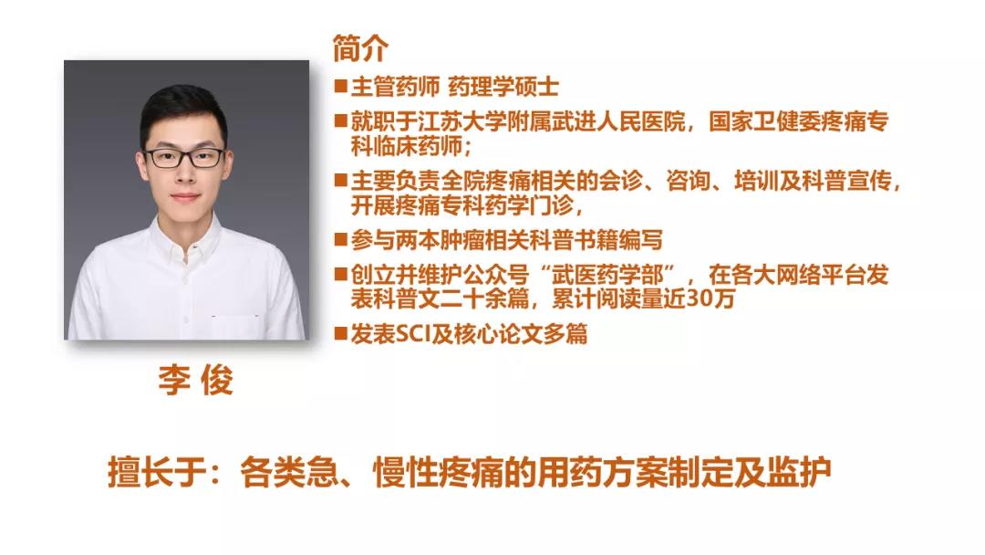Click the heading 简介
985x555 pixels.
[360, 47]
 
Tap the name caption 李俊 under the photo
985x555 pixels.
[195, 380]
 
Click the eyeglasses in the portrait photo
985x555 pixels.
[183, 157]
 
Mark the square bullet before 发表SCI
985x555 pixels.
[340, 333]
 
